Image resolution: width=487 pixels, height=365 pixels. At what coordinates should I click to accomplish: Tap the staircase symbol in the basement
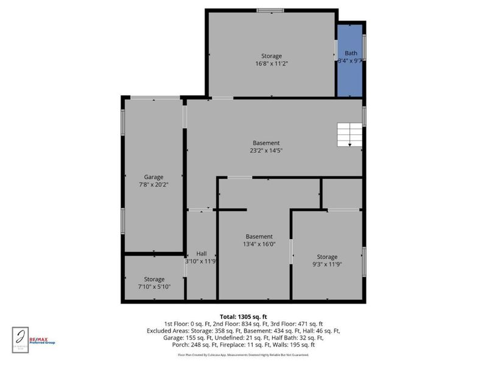(349, 134)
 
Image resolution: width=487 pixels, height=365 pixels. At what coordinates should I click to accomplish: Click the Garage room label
(154, 177)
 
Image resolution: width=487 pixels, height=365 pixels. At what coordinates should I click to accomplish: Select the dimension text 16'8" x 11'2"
(272, 63)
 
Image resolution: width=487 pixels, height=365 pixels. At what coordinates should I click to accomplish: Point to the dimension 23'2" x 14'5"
(266, 150)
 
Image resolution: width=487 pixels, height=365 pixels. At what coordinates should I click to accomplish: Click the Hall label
(201, 253)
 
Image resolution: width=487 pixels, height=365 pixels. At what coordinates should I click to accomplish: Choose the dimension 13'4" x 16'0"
(259, 244)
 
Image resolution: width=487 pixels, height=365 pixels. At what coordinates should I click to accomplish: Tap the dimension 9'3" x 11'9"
(327, 264)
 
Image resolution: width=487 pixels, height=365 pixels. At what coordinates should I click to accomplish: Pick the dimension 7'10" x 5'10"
(155, 287)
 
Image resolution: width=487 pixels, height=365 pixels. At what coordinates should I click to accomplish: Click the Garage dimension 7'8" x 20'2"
(154, 185)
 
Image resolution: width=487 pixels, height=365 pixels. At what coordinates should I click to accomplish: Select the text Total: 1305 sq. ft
(243, 317)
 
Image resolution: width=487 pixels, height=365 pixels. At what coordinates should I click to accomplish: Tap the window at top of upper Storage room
(270, 10)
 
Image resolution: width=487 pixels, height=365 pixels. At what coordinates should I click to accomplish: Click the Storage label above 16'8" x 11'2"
(272, 56)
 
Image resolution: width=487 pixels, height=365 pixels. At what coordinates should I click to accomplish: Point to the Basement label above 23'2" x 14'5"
(266, 143)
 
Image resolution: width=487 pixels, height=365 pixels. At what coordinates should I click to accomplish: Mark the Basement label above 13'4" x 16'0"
(259, 237)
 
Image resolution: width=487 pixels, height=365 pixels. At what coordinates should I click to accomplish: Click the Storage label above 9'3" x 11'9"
(327, 257)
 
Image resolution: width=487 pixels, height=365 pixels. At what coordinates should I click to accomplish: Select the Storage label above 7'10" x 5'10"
(155, 279)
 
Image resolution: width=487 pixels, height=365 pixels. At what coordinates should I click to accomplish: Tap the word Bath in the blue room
(351, 54)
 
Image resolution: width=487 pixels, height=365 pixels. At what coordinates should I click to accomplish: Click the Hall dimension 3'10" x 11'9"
(201, 261)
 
